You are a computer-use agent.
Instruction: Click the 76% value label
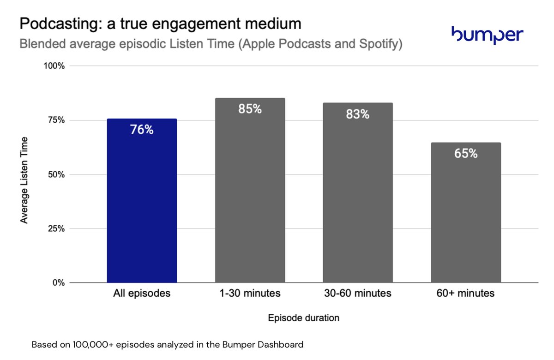[142, 130]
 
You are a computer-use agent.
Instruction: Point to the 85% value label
[250, 109]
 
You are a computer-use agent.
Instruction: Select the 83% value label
[358, 114]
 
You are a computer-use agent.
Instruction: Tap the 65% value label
[466, 154]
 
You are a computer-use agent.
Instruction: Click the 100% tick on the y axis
[54, 66]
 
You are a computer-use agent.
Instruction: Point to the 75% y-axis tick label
[56, 120]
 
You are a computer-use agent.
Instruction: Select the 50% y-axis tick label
[56, 174]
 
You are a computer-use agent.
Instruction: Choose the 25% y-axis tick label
[56, 228]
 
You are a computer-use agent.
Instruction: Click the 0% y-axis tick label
[59, 282]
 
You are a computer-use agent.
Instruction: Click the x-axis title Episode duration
[304, 318]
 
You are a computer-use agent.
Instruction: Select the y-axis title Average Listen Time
[24, 180]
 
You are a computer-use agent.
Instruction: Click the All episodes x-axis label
[142, 293]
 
